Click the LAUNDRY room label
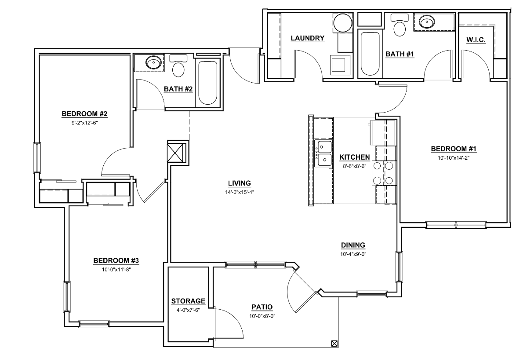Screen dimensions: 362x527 click(307, 38)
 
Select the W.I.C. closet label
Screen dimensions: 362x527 click(476, 40)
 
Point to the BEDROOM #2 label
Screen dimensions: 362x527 click(85, 114)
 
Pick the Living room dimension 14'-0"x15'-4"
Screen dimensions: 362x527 click(239, 192)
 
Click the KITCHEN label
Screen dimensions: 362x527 click(354, 157)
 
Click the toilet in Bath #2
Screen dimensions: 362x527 click(178, 66)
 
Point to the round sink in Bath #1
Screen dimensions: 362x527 click(426, 21)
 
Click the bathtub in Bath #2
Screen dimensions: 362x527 click(208, 82)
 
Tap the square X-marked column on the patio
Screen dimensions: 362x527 click(334, 344)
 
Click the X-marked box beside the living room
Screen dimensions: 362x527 click(178, 152)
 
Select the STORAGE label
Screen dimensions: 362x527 click(188, 301)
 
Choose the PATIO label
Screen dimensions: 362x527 click(262, 307)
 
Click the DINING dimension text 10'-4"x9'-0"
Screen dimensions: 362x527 click(353, 254)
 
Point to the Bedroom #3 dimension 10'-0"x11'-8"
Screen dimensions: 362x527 click(116, 269)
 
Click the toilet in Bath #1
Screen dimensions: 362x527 click(400, 27)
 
